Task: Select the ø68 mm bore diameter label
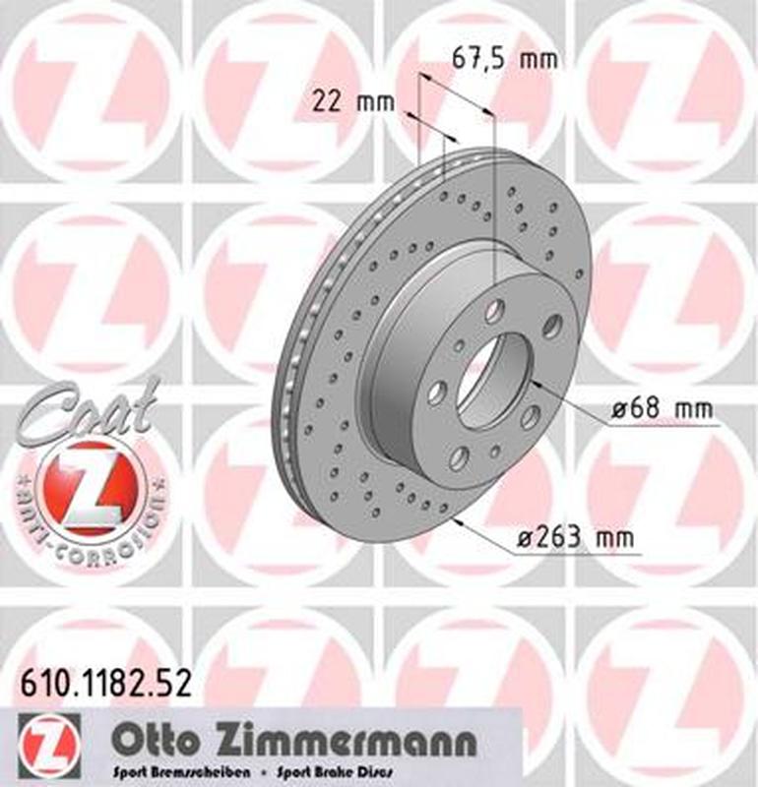click(x=661, y=410)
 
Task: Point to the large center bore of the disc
click(x=493, y=379)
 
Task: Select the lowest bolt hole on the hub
click(x=459, y=456)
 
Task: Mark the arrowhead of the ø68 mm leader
click(x=533, y=382)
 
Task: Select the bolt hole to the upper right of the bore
click(x=552, y=326)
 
